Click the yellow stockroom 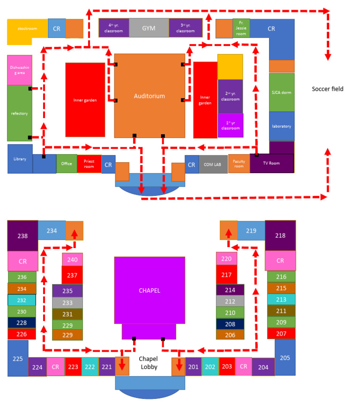[x=27, y=29]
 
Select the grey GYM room [x=149, y=28]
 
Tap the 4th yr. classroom [x=113, y=28]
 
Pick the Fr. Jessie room [x=241, y=28]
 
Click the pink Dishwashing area [x=19, y=70]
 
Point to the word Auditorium [x=149, y=96]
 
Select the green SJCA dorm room [x=281, y=92]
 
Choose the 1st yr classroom [x=230, y=126]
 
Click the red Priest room [x=89, y=164]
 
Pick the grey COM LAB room [x=213, y=165]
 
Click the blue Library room [x=20, y=159]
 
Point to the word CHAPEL [x=149, y=290]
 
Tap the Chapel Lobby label [x=149, y=362]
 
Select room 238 [x=22, y=235]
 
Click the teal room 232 [x=22, y=300]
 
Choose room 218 [x=280, y=235]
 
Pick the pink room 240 [x=72, y=259]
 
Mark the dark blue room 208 [x=230, y=324]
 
